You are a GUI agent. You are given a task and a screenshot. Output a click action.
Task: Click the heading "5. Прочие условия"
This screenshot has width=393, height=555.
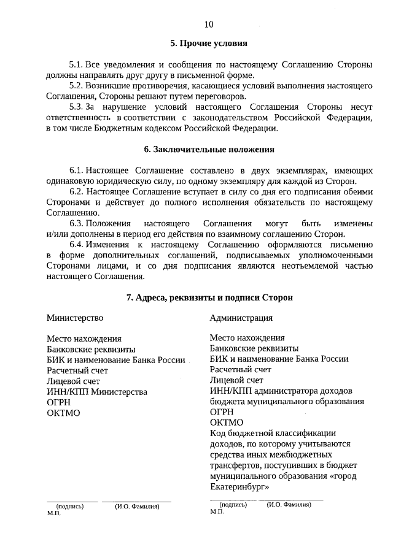(209, 44)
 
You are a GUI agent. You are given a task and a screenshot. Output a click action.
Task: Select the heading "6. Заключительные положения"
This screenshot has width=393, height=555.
(209, 149)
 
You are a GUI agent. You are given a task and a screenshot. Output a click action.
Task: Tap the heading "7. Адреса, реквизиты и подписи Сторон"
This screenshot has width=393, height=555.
(209, 297)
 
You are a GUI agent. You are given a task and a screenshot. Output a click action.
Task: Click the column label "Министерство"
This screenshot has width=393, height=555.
(75, 318)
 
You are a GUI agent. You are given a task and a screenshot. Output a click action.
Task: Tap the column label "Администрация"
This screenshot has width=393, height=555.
(241, 318)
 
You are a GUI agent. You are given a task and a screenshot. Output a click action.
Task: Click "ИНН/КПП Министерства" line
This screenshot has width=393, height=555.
(97, 391)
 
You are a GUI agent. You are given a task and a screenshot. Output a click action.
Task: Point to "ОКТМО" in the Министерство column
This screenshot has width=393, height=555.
(63, 413)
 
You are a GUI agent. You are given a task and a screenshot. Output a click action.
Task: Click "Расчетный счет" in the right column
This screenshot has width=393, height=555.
(240, 370)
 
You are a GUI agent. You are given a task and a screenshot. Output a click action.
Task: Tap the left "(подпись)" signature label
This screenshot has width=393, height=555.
(69, 507)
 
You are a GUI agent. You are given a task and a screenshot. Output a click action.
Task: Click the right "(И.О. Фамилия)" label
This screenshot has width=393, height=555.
(289, 504)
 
